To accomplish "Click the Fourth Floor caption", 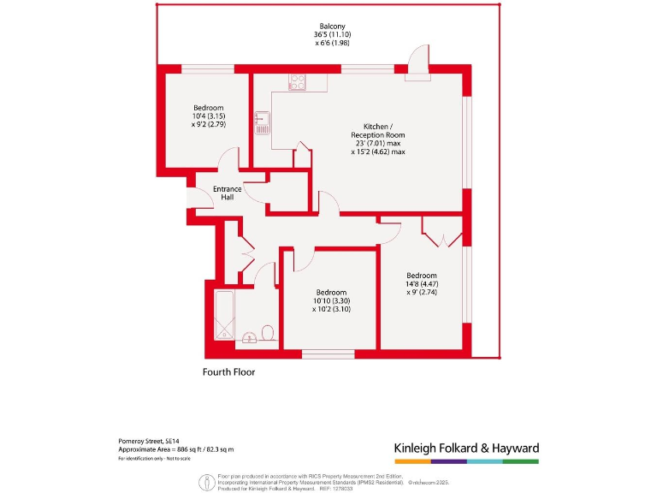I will [x=228, y=372].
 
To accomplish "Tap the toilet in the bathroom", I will [x=268, y=332].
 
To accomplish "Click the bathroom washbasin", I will [x=250, y=339].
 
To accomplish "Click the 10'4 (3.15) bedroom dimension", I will [x=208, y=116].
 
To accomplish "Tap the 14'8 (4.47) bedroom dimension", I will [x=422, y=283].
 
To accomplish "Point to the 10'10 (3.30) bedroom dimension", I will [x=330, y=300].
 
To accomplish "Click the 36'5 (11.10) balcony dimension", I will [x=332, y=35].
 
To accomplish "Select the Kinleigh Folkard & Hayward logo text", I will [x=465, y=448].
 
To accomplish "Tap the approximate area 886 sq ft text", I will [x=176, y=449].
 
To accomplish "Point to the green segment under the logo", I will [x=520, y=461].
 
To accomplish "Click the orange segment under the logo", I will [x=411, y=461].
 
